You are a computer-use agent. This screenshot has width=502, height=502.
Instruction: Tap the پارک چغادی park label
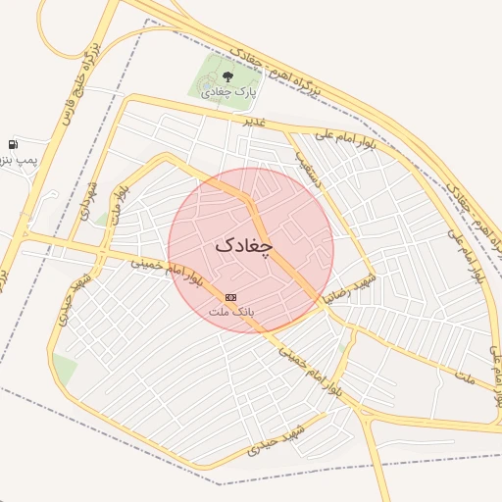pyautogui.click(x=227, y=91)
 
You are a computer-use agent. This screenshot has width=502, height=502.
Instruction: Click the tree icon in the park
pyautogui.click(x=227, y=75)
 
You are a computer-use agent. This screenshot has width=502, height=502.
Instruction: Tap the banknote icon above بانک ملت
pyautogui.click(x=230, y=296)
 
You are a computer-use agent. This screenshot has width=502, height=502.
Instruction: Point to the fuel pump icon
pyautogui.click(x=13, y=144)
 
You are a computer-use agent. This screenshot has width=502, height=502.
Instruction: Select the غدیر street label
pyautogui.click(x=254, y=122)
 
